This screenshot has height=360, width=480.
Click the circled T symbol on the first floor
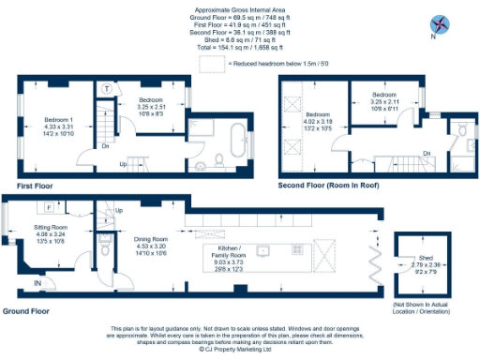pos(108,88)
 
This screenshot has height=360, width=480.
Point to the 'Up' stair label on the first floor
pos(123,164)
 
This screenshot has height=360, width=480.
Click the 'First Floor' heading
pos(34,187)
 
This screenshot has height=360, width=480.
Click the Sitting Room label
pos(52,233)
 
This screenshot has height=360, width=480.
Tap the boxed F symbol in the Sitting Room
pos(47,207)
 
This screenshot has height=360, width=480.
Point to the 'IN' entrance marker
pos(37,281)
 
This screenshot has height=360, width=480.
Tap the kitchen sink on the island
pos(265,249)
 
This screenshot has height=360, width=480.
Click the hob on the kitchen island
pos(327,254)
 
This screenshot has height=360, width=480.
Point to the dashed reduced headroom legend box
pos(214,62)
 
